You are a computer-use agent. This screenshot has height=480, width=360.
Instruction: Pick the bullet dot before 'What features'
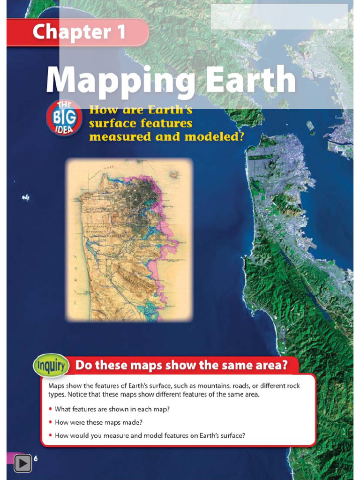coord(50,409)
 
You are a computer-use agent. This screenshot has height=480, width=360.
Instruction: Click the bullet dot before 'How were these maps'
coord(50,422)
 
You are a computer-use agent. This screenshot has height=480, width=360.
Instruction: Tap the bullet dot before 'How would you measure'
coord(50,435)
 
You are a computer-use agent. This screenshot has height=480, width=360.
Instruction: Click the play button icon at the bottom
coord(22,464)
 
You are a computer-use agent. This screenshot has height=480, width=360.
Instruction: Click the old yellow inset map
coord(129,240)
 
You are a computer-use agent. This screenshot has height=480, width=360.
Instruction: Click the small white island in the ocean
coord(25,198)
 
